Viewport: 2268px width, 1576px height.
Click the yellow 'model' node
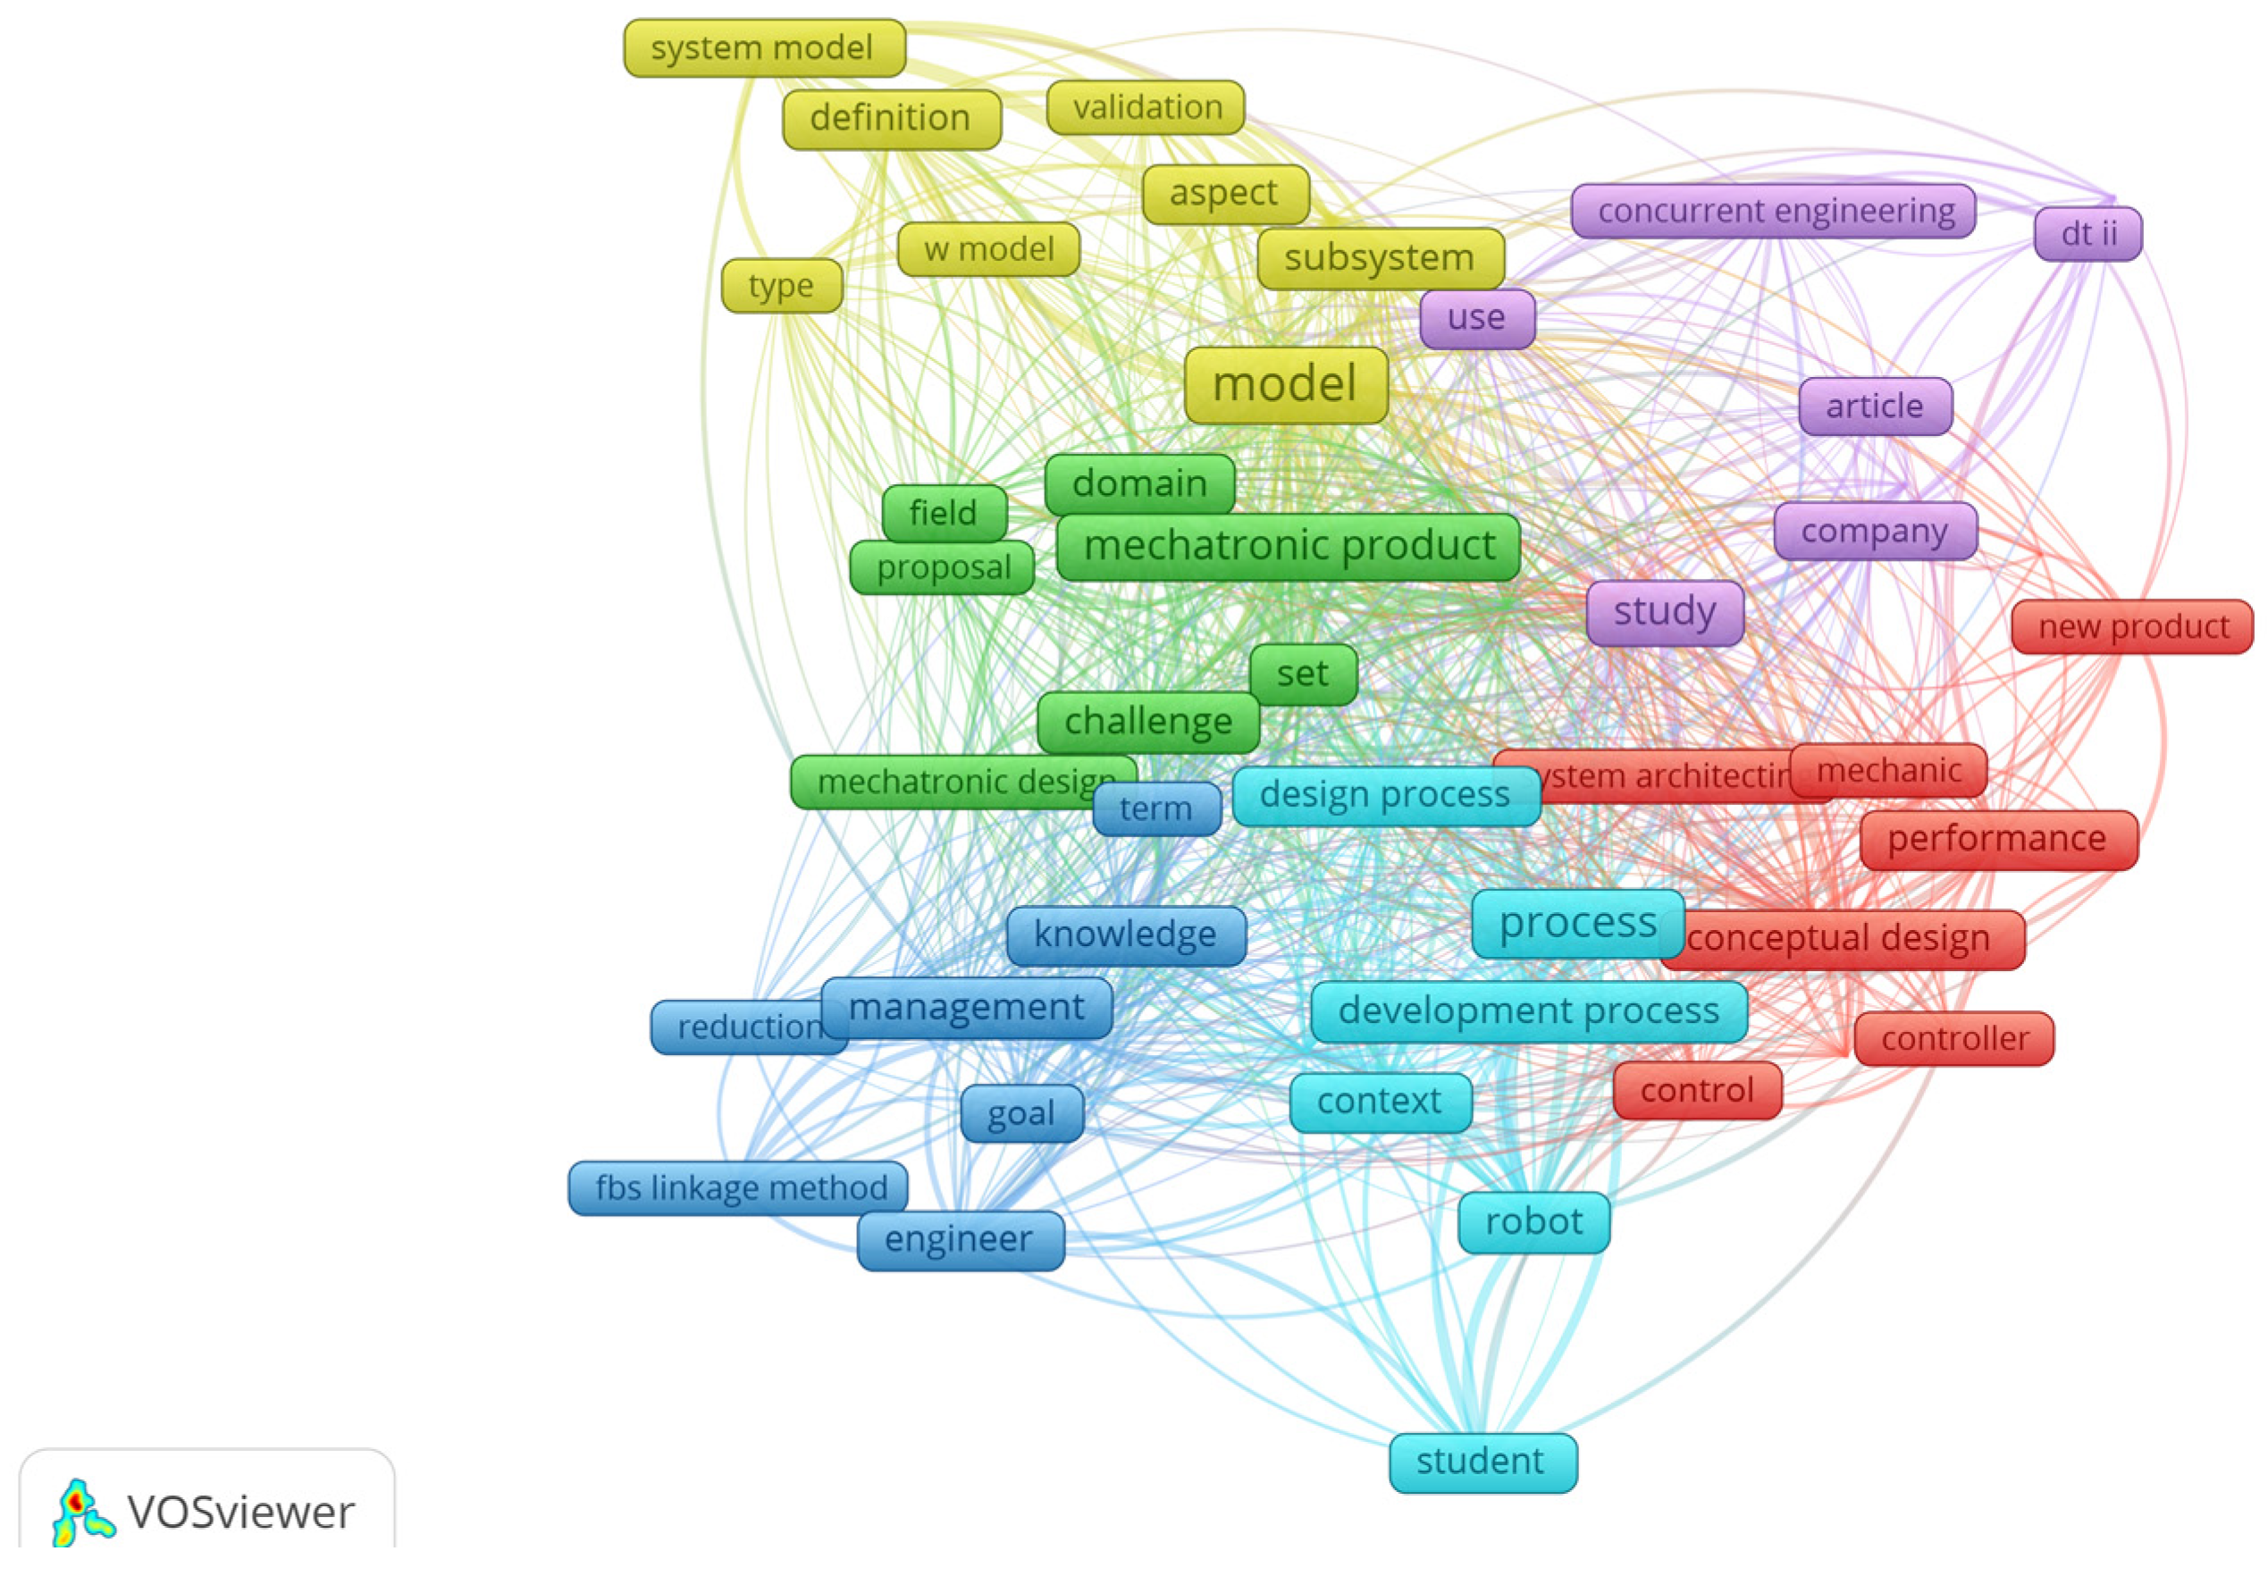click(x=1285, y=384)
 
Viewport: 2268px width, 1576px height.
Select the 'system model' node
click(x=763, y=47)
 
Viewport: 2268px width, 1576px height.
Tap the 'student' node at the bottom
click(x=1481, y=1462)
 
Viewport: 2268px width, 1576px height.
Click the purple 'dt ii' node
click(x=2087, y=234)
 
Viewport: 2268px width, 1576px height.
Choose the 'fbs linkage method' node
click(x=737, y=1187)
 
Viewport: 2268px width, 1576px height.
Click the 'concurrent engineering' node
click(x=1772, y=210)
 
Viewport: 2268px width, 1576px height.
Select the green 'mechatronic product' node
click(x=1288, y=545)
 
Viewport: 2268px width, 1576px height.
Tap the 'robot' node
click(x=1533, y=1221)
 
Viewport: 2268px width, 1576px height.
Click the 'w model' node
click(x=988, y=249)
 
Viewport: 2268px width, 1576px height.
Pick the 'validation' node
click(x=1146, y=106)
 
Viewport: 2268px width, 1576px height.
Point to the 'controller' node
click(x=1953, y=1038)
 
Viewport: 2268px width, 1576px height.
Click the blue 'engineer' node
click(x=959, y=1239)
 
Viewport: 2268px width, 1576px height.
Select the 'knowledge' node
click(x=1126, y=935)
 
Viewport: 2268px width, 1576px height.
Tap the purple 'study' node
click(x=1664, y=611)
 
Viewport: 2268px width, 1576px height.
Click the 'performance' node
click(x=1997, y=838)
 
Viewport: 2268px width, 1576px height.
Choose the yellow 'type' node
click(x=781, y=285)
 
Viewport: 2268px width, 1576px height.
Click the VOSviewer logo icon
click(x=83, y=1512)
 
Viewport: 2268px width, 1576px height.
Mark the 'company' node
click(x=1874, y=532)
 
